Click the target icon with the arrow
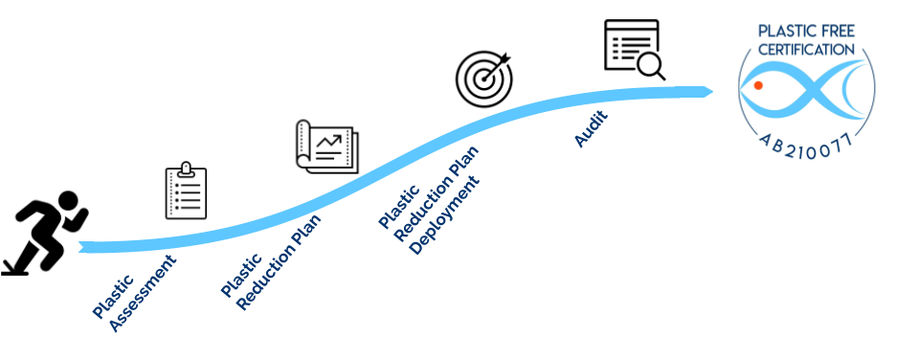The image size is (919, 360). click(x=483, y=79)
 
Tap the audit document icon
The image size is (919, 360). click(x=635, y=50)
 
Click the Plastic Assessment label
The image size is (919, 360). click(x=134, y=293)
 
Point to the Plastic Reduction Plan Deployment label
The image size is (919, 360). click(x=429, y=202)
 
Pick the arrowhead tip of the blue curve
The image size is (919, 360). click(x=711, y=91)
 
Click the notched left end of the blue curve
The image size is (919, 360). click(x=82, y=247)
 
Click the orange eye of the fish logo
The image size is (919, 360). click(x=758, y=86)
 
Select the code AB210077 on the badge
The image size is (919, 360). click(x=807, y=145)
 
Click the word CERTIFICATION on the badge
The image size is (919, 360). click(x=807, y=49)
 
